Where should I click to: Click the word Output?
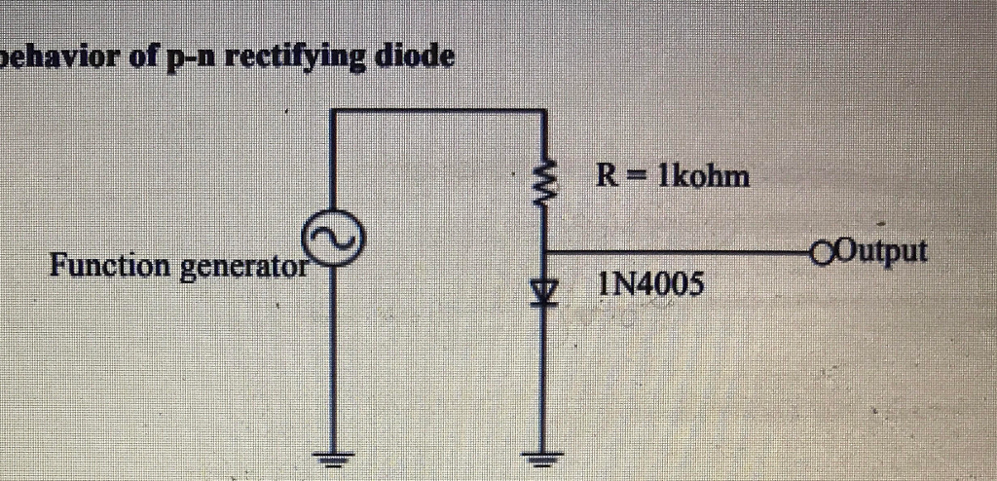tap(882, 250)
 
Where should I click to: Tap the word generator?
tap(244, 266)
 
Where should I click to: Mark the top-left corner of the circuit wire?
tap(333, 111)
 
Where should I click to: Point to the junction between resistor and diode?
tap(545, 251)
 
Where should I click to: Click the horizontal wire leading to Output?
tap(682, 251)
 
